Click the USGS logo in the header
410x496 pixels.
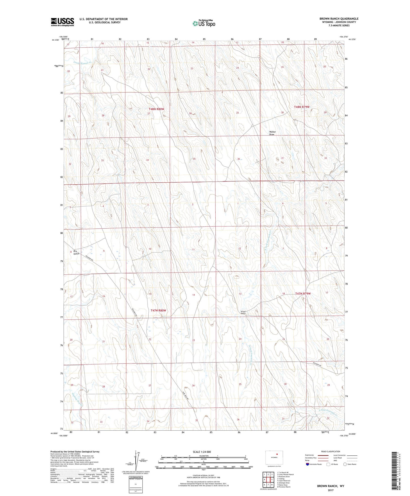pyautogui.click(x=62, y=22)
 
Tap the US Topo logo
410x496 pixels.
pyautogui.click(x=203, y=23)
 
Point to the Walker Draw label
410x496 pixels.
pyautogui.click(x=272, y=133)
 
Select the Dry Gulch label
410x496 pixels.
pyautogui.click(x=76, y=252)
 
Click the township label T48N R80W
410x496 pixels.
pyautogui.click(x=156, y=109)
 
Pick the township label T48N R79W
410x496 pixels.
pyautogui.click(x=301, y=107)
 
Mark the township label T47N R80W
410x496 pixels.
pyautogui.click(x=158, y=310)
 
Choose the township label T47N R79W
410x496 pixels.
pyautogui.click(x=303, y=293)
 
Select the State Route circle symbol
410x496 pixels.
pyautogui.click(x=345, y=464)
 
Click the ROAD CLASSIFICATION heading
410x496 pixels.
pyautogui.click(x=331, y=451)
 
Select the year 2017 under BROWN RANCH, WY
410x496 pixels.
pyautogui.click(x=331, y=490)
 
